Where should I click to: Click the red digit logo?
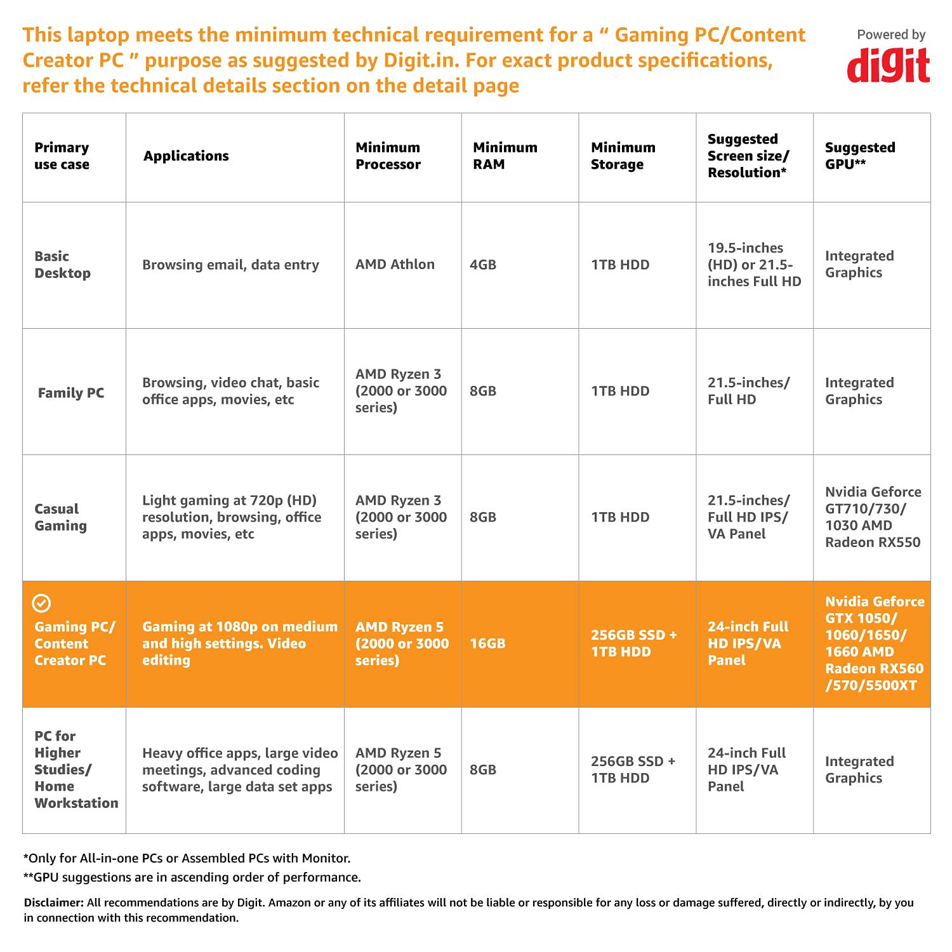pos(888,65)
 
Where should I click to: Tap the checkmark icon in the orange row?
pos(41,603)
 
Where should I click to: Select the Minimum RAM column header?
pos(505,156)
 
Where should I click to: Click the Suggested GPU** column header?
pos(859,156)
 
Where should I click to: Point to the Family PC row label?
pos(71,393)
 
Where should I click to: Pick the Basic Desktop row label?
pos(62,265)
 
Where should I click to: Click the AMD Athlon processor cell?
pos(395,265)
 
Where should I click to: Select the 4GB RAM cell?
pos(482,265)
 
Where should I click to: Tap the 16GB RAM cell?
pos(487,644)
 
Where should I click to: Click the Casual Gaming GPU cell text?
pos(873,517)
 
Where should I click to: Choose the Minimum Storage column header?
pos(623,156)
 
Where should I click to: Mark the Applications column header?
pos(186,156)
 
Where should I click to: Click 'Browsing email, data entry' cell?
pos(230,265)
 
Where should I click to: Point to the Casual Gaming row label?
pos(61,517)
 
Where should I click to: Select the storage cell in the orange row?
pos(633,644)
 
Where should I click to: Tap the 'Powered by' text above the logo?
pos(890,35)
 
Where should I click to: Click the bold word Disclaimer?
pos(53,902)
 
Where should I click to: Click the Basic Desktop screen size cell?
pos(754,265)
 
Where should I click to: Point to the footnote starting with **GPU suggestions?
pos(192,877)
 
